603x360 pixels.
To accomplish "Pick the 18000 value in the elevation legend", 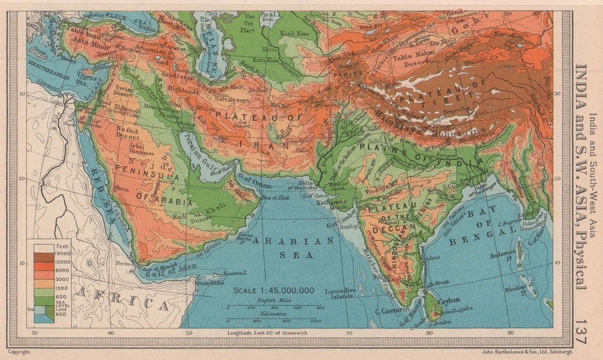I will (x=61, y=254).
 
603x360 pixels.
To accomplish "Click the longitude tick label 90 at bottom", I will (x=511, y=333).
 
